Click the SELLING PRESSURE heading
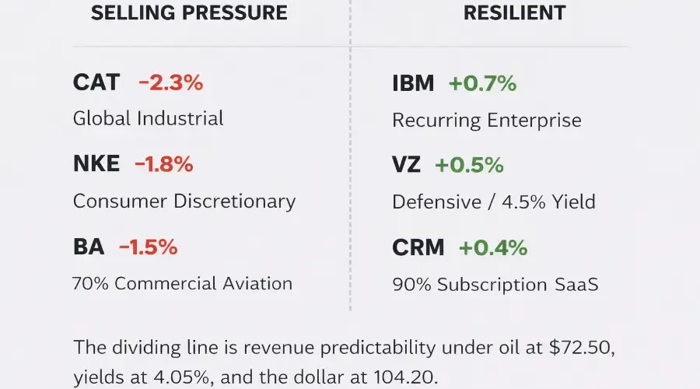coord(189,12)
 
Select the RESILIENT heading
coord(514,12)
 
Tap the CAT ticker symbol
coord(96,82)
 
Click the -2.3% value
coord(170,82)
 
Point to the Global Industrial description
coord(149,118)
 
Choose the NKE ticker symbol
coord(96,164)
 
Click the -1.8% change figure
coord(164,164)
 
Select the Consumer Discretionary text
coord(184,201)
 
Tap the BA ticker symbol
coord(89,247)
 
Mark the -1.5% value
coord(149,247)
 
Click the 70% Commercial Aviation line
coord(183,283)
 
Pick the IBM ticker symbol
coord(413,83)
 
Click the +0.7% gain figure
coord(482,83)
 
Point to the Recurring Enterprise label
coord(487,120)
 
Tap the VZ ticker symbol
coord(406,165)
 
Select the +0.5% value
coord(469,165)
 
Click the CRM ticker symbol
coord(418,247)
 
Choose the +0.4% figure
coord(493,247)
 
